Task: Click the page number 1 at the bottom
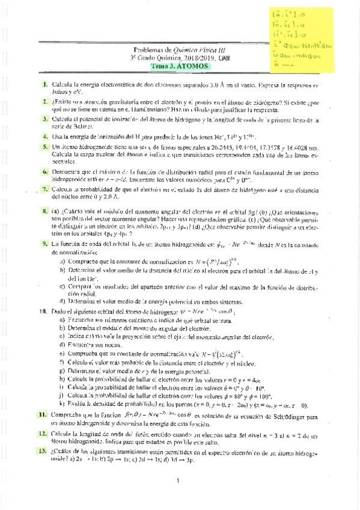coord(179,480)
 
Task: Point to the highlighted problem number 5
coord(44,147)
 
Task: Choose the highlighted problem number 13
coord(43,450)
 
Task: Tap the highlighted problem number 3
coord(44,120)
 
